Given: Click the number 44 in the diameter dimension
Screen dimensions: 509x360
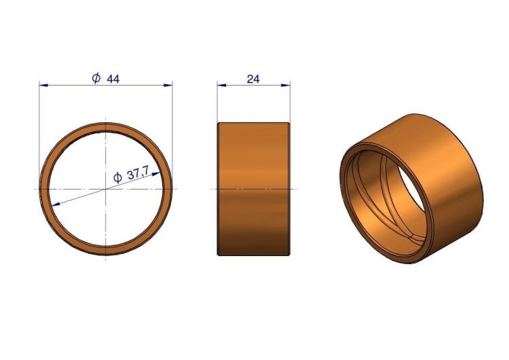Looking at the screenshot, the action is tap(113, 79).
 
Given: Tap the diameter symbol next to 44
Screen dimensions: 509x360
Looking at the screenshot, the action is tap(96, 78).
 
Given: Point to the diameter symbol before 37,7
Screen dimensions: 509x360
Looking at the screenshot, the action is tap(117, 178).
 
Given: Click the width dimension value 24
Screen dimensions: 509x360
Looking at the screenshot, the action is tap(253, 79).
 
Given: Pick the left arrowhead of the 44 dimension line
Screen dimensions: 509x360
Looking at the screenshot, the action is tap(43, 85).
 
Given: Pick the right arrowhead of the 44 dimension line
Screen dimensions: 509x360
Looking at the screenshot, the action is tap(168, 85).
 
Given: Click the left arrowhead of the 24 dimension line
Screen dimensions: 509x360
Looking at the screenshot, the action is tap(221, 85).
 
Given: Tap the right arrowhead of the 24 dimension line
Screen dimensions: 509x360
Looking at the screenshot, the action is tap(286, 85).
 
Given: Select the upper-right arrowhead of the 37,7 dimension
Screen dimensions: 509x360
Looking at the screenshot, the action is tap(156, 174).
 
